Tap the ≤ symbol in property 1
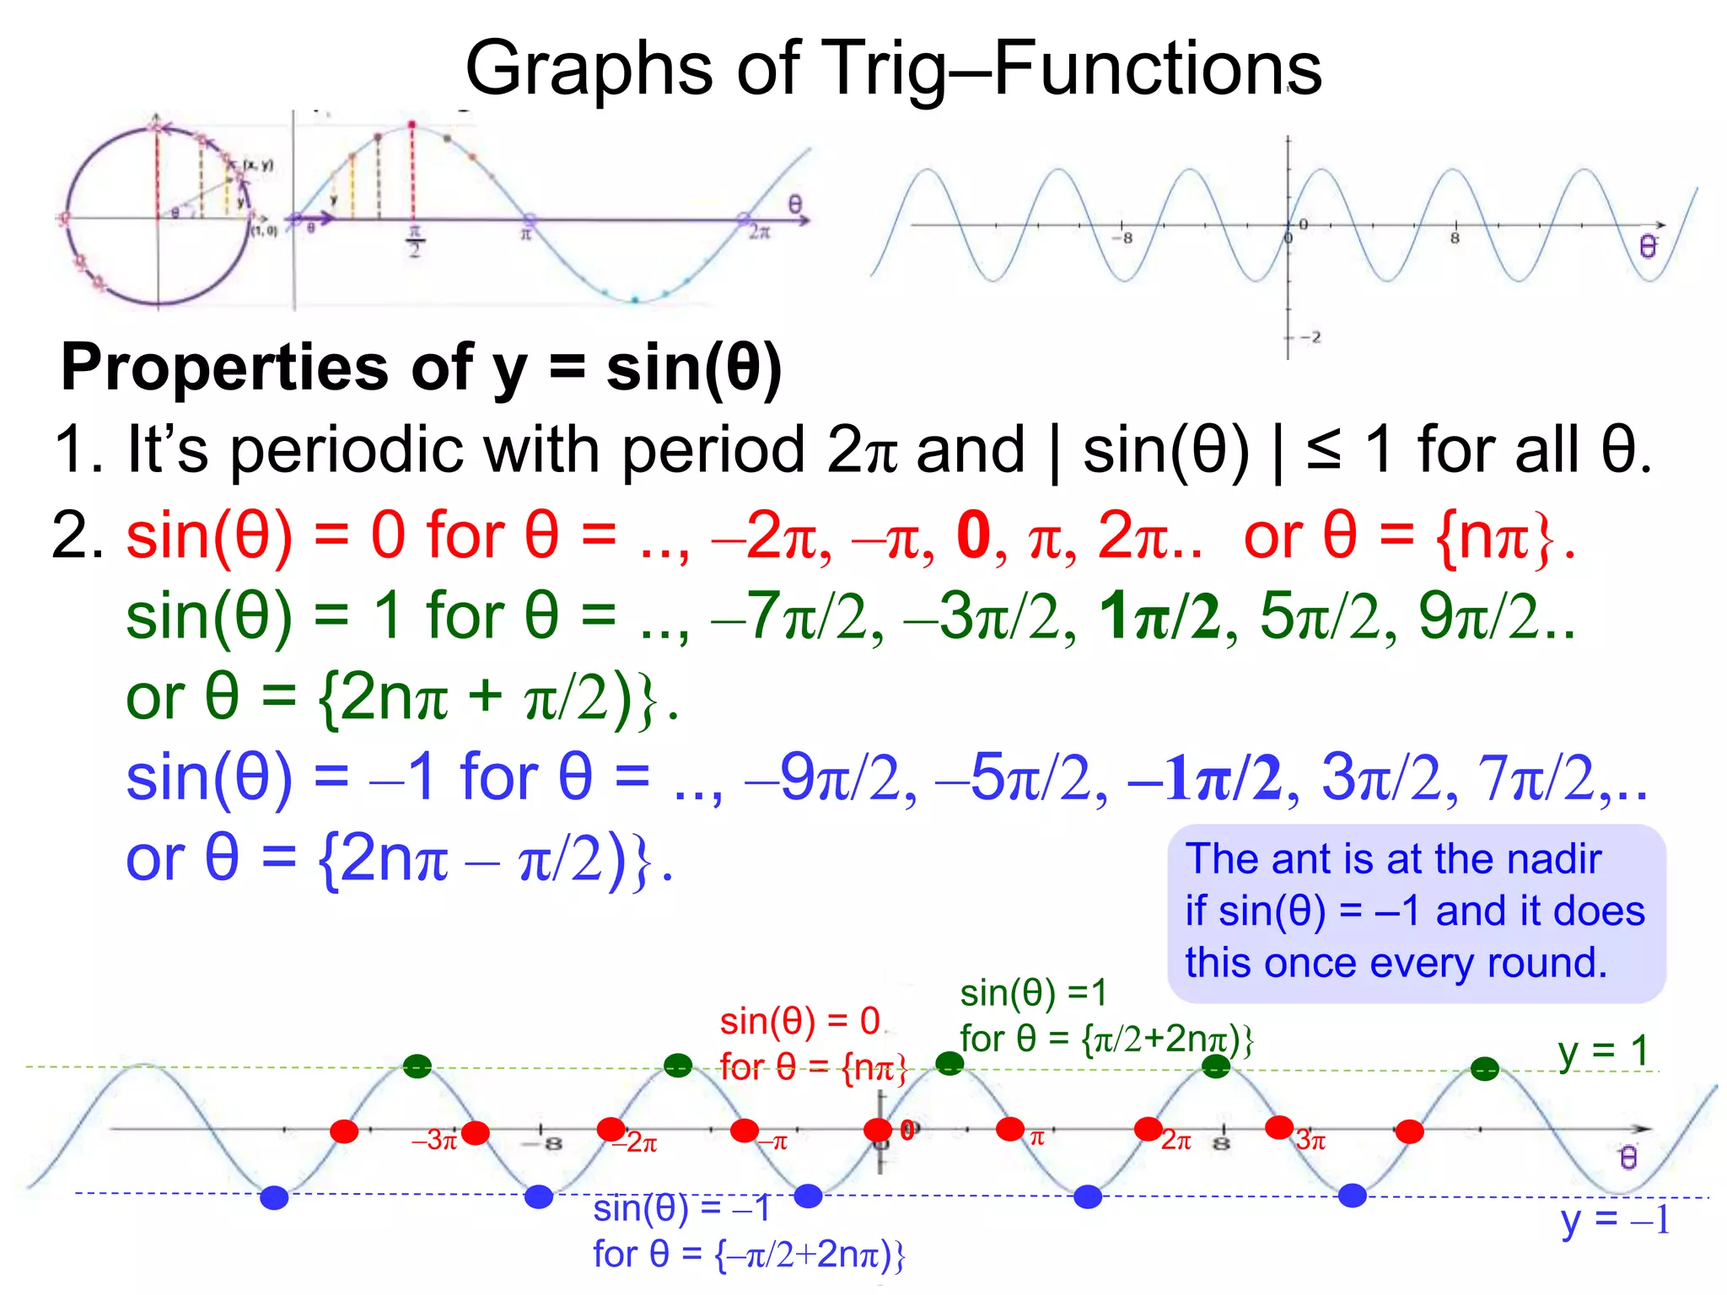click(x=1323, y=449)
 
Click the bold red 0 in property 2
click(x=973, y=536)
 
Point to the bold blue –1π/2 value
click(x=1203, y=777)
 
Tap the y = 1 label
click(x=1602, y=1051)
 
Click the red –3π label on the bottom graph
click(x=433, y=1141)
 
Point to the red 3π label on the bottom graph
click(x=1311, y=1142)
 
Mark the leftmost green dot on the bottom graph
click(x=417, y=1067)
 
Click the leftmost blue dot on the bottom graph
click(x=274, y=1197)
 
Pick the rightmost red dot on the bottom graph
click(x=1409, y=1131)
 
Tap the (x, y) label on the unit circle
click(x=258, y=164)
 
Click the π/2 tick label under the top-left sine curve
click(x=414, y=241)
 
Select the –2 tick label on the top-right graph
click(x=1310, y=337)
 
